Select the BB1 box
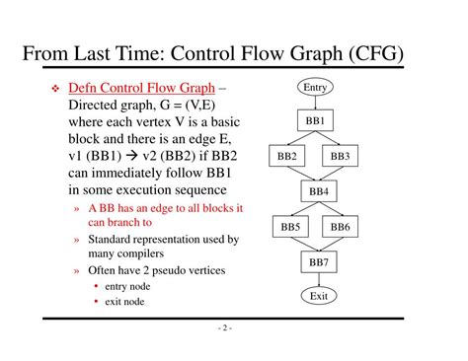(318, 121)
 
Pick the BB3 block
(341, 156)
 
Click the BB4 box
(318, 191)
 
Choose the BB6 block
(341, 227)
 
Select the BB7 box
(318, 262)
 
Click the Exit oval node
(318, 296)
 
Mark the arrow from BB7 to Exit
(318, 280)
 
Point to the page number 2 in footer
(225, 330)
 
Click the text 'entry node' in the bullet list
(127, 286)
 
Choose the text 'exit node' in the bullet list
(125, 301)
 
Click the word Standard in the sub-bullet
(112, 240)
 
